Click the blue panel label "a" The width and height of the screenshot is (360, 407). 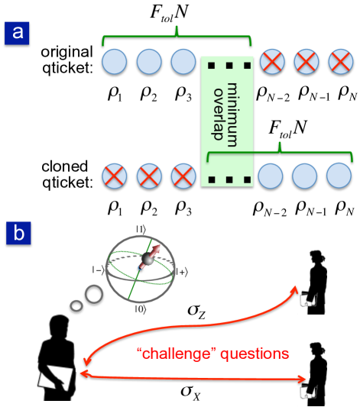point(18,33)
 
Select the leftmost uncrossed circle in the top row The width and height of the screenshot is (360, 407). point(115,61)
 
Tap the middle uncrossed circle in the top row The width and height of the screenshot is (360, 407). point(149,61)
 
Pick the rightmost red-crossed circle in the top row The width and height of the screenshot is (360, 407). point(339,61)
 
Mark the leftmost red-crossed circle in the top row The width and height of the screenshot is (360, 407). point(272,61)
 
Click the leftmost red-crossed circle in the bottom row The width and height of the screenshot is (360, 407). point(115,176)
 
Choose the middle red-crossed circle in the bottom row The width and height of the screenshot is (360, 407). point(149,176)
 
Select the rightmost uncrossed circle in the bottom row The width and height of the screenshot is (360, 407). point(339,176)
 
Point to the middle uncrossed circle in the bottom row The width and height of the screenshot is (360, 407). point(306,176)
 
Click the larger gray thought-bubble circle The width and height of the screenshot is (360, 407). point(93,293)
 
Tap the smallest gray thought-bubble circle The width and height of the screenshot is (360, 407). point(76,306)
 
